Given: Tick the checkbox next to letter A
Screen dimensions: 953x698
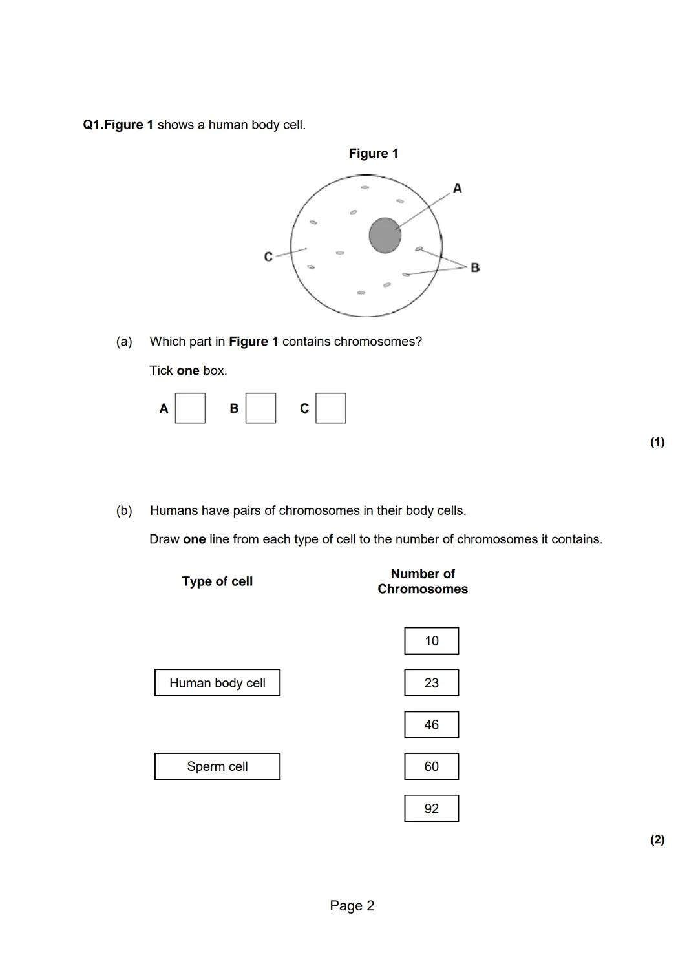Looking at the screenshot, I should pos(191,408).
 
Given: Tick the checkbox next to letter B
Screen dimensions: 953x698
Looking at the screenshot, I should pos(261,408).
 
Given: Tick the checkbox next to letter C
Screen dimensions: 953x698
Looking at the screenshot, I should pos(331,408).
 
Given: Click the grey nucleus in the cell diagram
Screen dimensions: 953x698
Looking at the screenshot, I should pos(385,235).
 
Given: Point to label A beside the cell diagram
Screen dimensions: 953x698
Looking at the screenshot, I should pos(458,189).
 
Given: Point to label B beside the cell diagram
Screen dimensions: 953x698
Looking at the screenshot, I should pos(475,267).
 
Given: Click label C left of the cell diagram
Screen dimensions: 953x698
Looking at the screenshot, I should pos(268,257).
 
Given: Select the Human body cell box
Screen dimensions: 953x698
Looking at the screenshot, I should pos(217,683).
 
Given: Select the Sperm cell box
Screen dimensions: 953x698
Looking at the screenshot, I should pos(217,766).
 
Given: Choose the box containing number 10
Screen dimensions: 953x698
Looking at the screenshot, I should pos(432,641).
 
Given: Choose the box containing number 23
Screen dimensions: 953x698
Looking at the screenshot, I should pos(432,683).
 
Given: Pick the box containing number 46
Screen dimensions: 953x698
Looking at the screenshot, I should pos(432,725).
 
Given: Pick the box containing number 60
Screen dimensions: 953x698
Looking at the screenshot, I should pos(432,766).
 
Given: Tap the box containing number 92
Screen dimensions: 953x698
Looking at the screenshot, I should pos(432,808).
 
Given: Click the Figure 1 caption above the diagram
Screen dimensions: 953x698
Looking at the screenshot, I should pos(374,154).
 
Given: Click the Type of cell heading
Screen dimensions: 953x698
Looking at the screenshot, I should pos(217,581).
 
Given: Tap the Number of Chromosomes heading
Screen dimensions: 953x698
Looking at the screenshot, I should pos(423,581).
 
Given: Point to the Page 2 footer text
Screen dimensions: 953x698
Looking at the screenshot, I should pos(352,906).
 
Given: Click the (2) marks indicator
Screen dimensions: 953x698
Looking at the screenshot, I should pos(657,840).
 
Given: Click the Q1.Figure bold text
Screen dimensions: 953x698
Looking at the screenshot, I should pos(118,125).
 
